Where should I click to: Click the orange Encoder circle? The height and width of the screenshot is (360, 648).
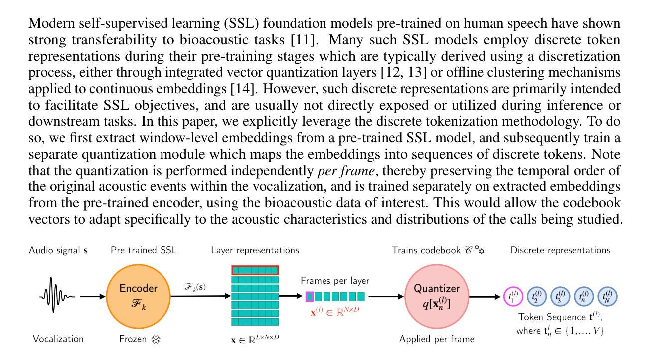[138, 296]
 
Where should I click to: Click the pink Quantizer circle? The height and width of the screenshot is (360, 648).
[437, 296]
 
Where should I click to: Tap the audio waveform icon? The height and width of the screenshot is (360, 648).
[57, 297]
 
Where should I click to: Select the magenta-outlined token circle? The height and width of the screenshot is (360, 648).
[513, 297]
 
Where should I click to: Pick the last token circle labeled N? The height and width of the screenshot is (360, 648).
[607, 297]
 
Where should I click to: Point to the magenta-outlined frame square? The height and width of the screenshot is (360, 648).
[310, 297]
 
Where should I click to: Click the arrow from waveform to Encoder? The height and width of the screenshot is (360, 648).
[92, 297]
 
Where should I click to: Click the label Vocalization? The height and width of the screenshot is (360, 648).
[58, 339]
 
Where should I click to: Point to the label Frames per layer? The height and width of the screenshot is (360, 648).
[335, 281]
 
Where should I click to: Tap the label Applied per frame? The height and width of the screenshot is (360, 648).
[436, 339]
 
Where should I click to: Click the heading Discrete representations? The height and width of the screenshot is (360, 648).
[560, 250]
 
